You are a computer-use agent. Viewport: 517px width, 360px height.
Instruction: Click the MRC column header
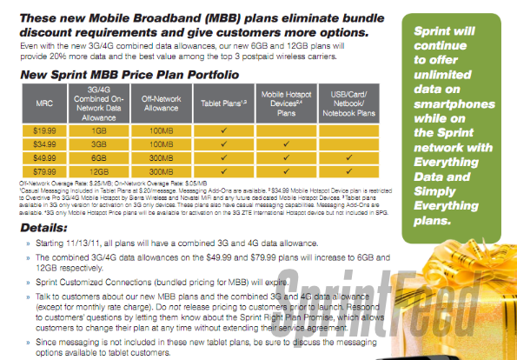click(x=46, y=104)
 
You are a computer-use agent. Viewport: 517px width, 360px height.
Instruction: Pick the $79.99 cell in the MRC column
click(x=46, y=170)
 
